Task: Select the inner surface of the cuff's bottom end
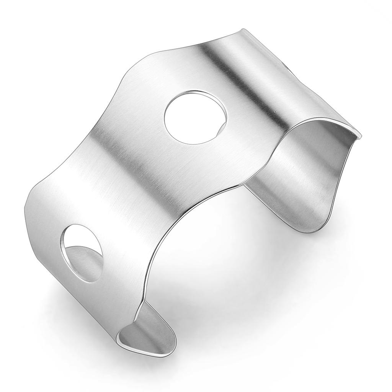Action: tap(149, 333)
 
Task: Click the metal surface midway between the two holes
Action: tap(138, 184)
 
